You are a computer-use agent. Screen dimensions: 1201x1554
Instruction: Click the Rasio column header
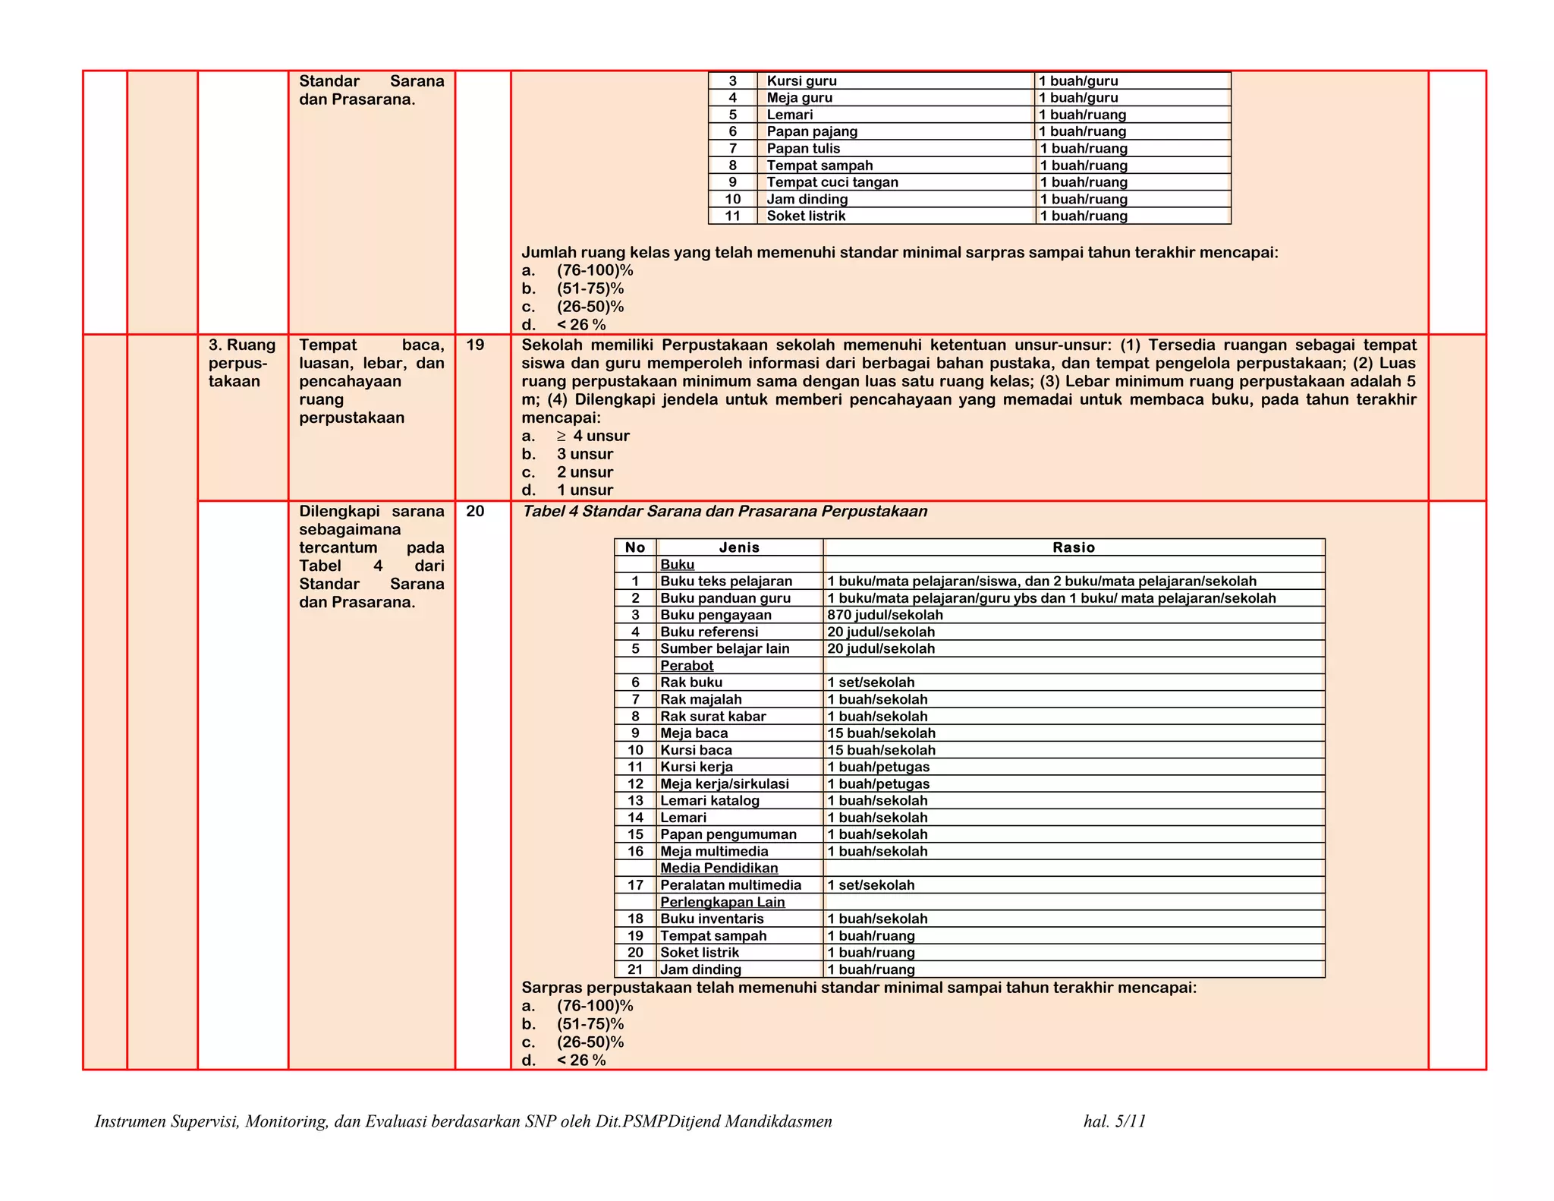(1073, 547)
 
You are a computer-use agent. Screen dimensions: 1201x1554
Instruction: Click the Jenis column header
(739, 547)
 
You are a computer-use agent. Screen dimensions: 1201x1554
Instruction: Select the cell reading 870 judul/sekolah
(885, 615)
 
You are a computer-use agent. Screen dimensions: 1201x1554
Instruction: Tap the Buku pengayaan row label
(716, 615)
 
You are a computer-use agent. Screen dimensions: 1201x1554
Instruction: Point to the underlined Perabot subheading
(687, 666)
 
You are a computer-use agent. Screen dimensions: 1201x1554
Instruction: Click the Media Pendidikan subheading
(719, 868)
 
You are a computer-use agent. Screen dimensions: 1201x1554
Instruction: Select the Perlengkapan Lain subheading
(722, 902)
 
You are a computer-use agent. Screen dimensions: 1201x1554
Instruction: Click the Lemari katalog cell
(709, 800)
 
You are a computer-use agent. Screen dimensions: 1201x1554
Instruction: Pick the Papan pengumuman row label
(728, 834)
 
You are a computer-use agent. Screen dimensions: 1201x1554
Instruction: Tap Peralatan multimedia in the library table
(730, 885)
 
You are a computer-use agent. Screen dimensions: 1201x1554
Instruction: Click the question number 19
(475, 345)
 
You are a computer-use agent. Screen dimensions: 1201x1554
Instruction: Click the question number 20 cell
(475, 512)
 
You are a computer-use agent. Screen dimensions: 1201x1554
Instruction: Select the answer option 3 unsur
(584, 454)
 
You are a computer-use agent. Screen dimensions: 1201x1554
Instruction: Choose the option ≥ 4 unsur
(593, 436)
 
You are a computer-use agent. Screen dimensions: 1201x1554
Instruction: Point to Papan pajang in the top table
(812, 131)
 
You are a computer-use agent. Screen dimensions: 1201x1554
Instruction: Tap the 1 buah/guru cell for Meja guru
(1077, 98)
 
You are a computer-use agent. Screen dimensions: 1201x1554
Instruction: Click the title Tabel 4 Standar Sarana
(724, 512)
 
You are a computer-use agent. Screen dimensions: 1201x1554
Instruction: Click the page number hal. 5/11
(1114, 1121)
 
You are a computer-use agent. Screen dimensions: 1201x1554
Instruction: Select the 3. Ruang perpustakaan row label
(241, 363)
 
